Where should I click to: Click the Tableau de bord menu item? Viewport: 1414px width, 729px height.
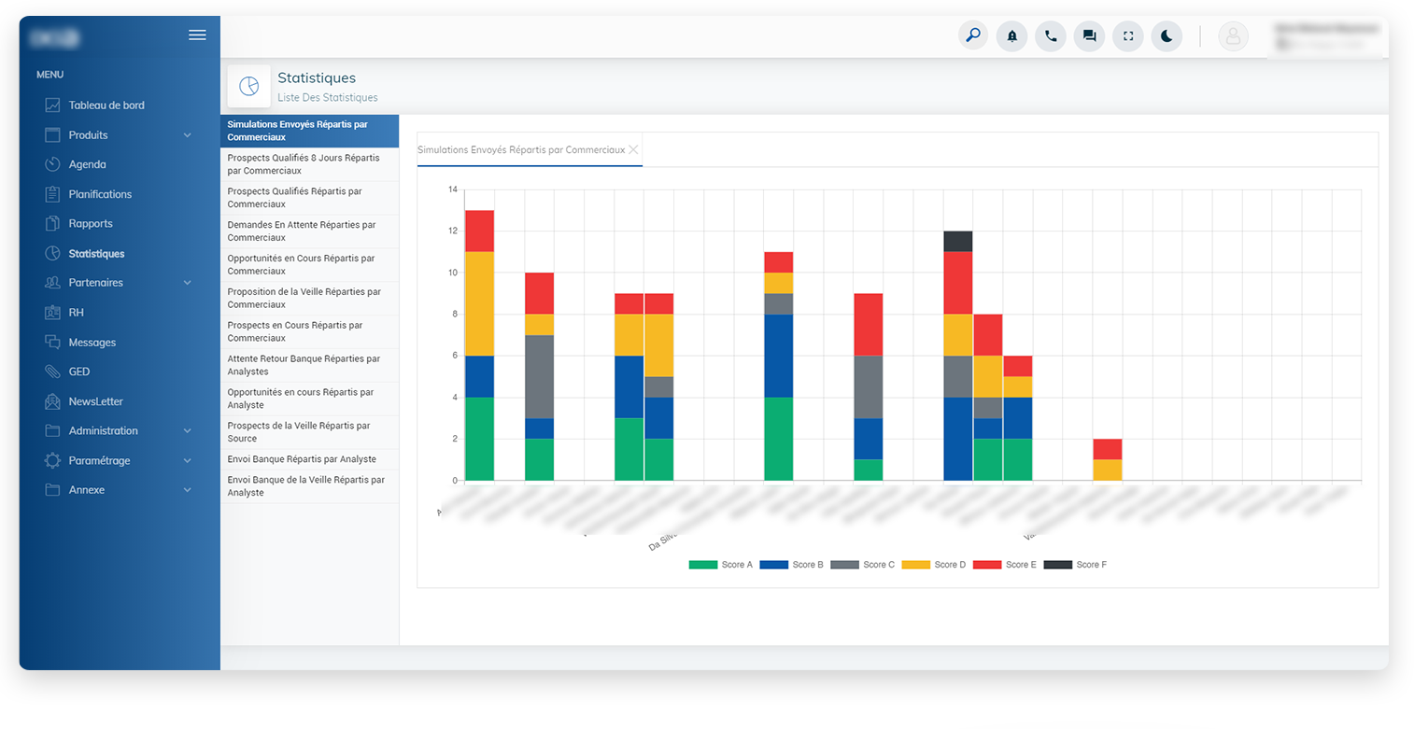pos(106,105)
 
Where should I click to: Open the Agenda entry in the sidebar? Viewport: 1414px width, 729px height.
pos(87,164)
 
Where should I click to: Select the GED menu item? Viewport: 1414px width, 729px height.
pos(78,372)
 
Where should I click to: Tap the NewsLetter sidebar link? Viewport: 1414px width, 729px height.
pos(95,401)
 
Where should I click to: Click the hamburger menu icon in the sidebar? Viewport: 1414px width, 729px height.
pos(197,35)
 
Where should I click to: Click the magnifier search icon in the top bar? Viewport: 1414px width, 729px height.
pos(973,36)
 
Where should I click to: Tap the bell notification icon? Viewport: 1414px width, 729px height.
pos(1011,36)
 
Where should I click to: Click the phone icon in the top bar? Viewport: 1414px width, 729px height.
pos(1051,36)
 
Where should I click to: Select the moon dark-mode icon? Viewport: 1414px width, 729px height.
pos(1167,36)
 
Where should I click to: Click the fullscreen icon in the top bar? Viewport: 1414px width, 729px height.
pos(1128,36)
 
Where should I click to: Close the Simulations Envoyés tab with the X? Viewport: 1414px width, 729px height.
pos(633,149)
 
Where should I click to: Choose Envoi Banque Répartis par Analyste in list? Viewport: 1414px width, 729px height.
pos(302,459)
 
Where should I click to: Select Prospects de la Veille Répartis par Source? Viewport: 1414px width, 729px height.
pos(299,431)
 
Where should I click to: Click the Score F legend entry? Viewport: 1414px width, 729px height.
pos(1075,565)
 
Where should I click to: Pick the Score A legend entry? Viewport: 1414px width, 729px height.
pos(720,565)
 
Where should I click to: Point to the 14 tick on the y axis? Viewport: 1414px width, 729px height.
pos(453,189)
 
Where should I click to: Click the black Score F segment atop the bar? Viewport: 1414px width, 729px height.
pos(958,241)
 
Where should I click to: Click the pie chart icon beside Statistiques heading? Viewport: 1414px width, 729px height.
pos(248,86)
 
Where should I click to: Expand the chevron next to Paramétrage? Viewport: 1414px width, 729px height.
pos(187,461)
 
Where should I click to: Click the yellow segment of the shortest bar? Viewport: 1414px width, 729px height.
pos(1108,470)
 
